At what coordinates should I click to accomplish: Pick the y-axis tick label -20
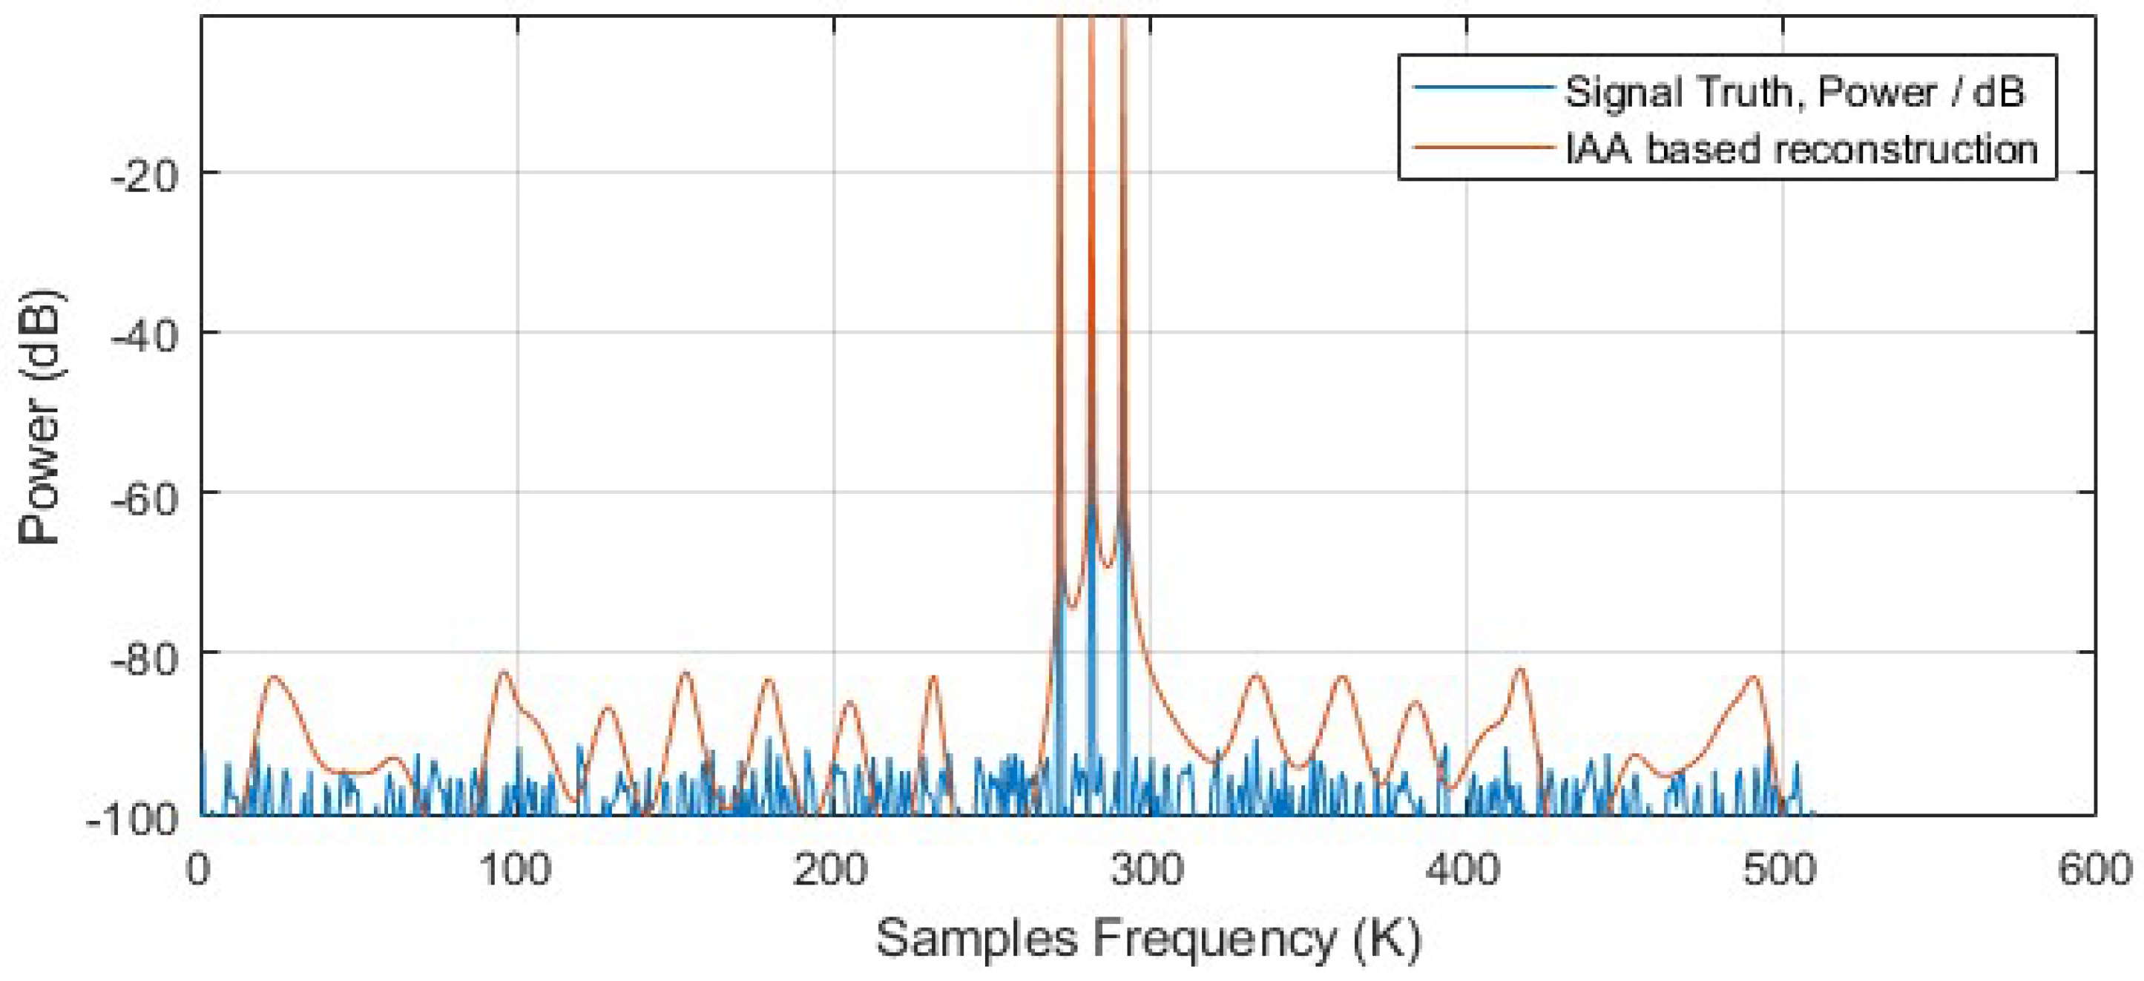[x=145, y=176]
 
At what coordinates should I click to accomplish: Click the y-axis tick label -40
[x=145, y=336]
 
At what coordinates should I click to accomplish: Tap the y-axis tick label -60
[x=145, y=496]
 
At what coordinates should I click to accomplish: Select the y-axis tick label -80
[x=145, y=657]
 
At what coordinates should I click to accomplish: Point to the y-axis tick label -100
[x=134, y=819]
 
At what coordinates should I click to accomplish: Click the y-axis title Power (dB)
[x=40, y=416]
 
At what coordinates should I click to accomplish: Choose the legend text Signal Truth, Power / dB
[x=1795, y=90]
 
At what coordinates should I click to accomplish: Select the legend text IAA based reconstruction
[x=1801, y=150]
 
